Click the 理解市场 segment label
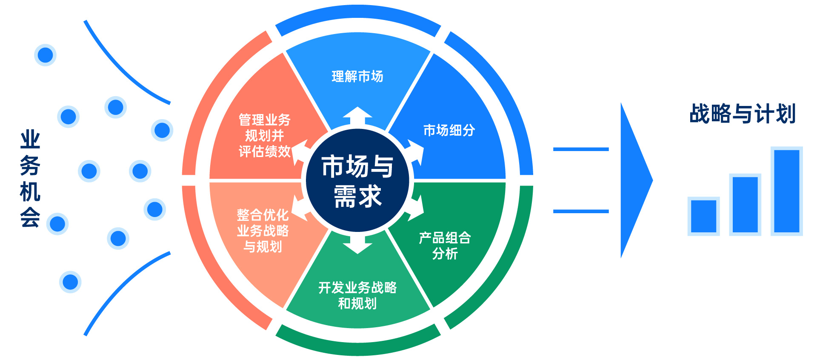(357, 77)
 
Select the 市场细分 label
(449, 130)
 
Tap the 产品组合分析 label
(445, 246)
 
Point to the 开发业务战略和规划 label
(357, 295)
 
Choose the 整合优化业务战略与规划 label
(263, 231)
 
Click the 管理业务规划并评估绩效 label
(264, 135)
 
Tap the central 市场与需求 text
(357, 180)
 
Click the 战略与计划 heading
(743, 114)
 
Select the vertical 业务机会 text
(30, 179)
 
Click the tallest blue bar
(786, 191)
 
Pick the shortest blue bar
(703, 216)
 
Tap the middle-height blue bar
(745, 205)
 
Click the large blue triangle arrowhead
(634, 180)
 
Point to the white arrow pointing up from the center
(357, 116)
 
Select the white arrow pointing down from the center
(357, 245)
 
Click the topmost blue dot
(45, 55)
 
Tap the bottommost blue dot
(70, 282)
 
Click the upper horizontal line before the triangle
(581, 149)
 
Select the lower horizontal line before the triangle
(581, 211)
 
